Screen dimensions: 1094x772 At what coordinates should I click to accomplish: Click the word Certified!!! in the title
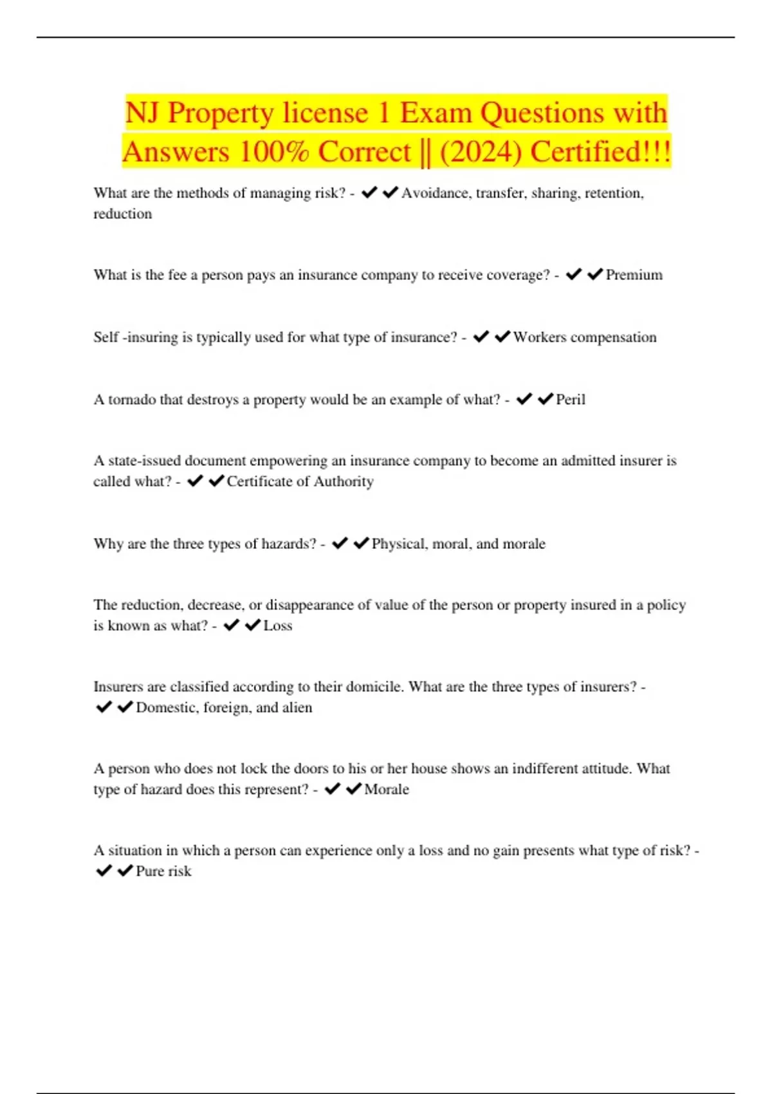click(x=601, y=153)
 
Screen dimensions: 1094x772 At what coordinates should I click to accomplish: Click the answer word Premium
click(x=634, y=275)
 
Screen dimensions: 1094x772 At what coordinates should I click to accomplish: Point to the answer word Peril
click(x=571, y=400)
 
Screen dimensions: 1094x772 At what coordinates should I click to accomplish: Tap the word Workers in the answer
click(x=539, y=337)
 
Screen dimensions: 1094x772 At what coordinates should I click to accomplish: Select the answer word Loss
click(x=278, y=626)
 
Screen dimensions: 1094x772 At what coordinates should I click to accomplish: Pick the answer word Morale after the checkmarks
click(x=387, y=789)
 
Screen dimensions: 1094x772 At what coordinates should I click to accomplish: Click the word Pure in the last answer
click(x=150, y=871)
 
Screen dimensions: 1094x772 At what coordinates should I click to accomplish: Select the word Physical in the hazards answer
click(x=399, y=544)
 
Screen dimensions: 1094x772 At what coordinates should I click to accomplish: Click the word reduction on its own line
click(x=122, y=214)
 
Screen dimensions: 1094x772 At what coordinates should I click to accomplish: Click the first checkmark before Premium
click(x=573, y=275)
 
